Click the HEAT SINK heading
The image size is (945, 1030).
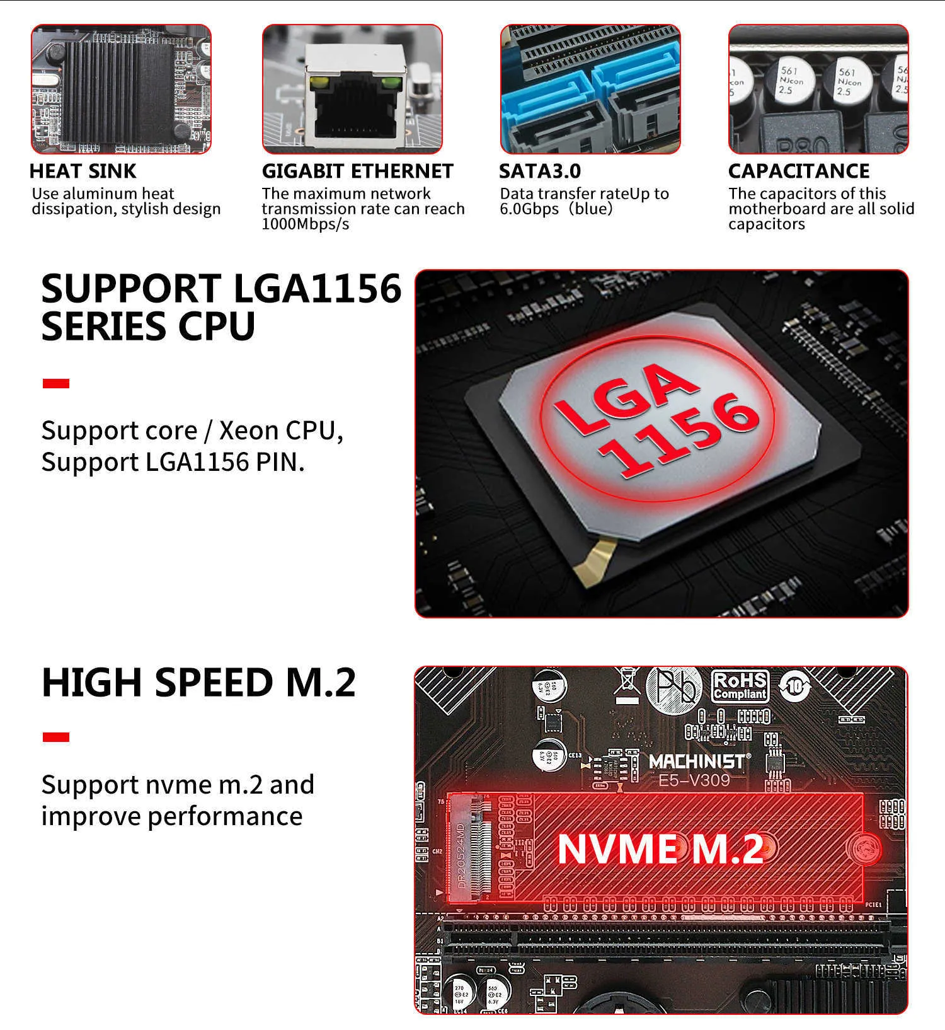coord(83,171)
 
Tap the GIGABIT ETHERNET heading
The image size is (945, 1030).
coord(357,171)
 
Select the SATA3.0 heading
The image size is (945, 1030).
coord(540,171)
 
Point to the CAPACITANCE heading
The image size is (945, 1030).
coord(799,171)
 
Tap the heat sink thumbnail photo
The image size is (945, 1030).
coord(121,89)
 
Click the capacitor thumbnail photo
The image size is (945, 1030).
coord(818,89)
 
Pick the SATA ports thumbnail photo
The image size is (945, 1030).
coord(590,89)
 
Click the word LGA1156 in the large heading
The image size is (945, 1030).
coord(317,289)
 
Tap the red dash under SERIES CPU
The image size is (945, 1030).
coord(55,383)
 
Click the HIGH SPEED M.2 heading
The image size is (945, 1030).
coord(198,683)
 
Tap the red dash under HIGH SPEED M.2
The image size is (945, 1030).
coord(55,737)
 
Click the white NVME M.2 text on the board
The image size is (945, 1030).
coord(660,849)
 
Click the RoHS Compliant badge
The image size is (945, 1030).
coord(740,686)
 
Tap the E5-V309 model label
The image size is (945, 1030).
coord(694,780)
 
